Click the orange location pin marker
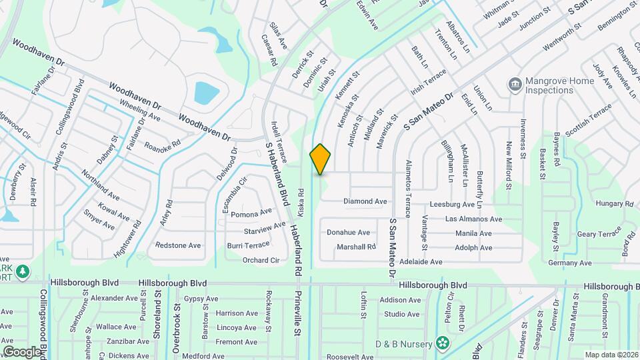pos(321,159)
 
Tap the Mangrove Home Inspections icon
pos(515,85)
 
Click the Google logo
pos(22,351)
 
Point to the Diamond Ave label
pos(365,201)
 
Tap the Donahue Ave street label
pos(348,233)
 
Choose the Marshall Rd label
pos(356,247)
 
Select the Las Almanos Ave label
pos(473,219)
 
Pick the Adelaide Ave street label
pos(421,263)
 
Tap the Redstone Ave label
pos(178,245)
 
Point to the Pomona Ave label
pos(251,213)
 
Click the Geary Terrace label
pos(599,234)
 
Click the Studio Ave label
pos(402,314)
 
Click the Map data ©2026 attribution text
pos(611,355)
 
